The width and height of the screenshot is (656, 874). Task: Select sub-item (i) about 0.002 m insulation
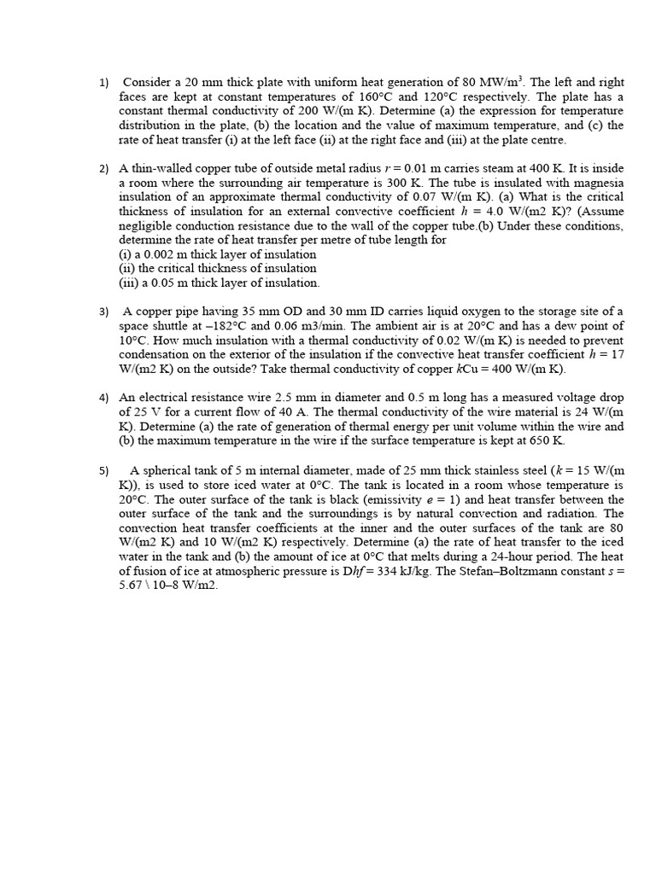coord(217,254)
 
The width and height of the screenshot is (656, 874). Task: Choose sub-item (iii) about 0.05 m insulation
coord(220,283)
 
